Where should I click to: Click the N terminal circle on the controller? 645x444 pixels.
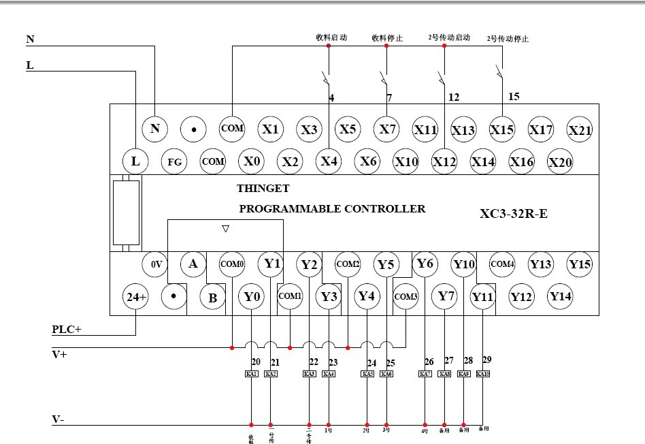pyautogui.click(x=155, y=128)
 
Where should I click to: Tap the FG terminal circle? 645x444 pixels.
pyautogui.click(x=175, y=162)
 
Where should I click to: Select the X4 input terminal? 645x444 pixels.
pyautogui.click(x=329, y=161)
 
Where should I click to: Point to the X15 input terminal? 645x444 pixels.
pyautogui.click(x=502, y=129)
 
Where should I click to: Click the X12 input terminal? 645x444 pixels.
pyautogui.click(x=444, y=162)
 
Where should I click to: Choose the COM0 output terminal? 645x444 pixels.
pyautogui.click(x=232, y=264)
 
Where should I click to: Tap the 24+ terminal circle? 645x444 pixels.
pyautogui.click(x=135, y=297)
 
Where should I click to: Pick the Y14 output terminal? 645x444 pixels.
pyautogui.click(x=561, y=296)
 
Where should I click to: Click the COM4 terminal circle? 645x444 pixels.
pyautogui.click(x=502, y=264)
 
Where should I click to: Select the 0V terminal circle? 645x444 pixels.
pyautogui.click(x=155, y=264)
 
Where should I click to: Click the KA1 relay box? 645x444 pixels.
pyautogui.click(x=252, y=374)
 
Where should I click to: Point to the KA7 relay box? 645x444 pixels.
pyautogui.click(x=425, y=374)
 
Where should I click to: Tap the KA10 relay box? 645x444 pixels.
pyautogui.click(x=482, y=374)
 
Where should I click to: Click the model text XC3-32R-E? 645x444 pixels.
pyautogui.click(x=514, y=214)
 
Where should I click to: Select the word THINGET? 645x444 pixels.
pyautogui.click(x=263, y=189)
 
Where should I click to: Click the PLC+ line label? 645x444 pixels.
pyautogui.click(x=67, y=330)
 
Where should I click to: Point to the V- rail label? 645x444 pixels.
pyautogui.click(x=59, y=420)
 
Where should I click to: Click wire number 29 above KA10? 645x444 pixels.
pyautogui.click(x=486, y=359)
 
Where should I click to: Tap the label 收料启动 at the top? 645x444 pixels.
pyautogui.click(x=331, y=38)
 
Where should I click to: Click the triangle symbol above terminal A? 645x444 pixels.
pyautogui.click(x=226, y=229)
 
